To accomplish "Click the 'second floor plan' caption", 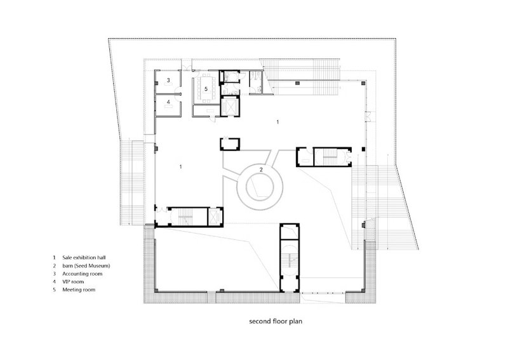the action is coord(276,321).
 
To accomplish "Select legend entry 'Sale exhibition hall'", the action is coord(84,258).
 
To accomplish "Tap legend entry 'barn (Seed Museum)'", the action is coord(86,265).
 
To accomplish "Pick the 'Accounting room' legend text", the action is coord(83,274).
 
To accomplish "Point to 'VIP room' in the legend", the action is coord(73,281).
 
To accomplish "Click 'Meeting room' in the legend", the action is coord(79,290).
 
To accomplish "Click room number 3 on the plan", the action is coord(168,80).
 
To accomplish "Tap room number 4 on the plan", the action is coord(168,102).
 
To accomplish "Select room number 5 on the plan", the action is coord(206,88).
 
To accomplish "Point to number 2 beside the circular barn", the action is coord(261,169).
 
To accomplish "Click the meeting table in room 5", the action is coord(206,88).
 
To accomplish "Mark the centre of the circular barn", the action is coord(260,187).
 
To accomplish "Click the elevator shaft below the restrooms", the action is coord(230,106).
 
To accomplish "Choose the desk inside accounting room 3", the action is coord(168,84).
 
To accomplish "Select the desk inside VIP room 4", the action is coord(168,107).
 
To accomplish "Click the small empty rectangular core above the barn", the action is coord(230,144).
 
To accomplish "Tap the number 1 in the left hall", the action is coord(180,166).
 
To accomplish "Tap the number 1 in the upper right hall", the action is coord(277,122).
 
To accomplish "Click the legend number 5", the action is coord(55,290).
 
